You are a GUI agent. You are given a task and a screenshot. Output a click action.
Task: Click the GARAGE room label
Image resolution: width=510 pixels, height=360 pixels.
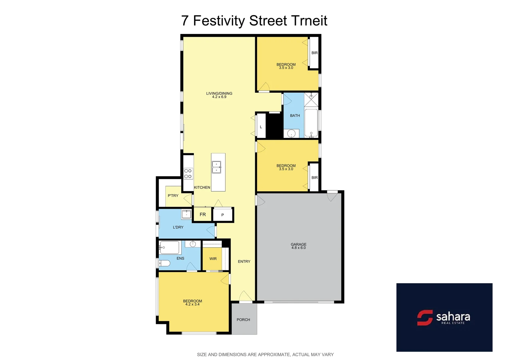(299, 244)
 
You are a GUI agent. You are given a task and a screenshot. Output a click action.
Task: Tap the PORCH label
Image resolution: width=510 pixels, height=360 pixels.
(243, 320)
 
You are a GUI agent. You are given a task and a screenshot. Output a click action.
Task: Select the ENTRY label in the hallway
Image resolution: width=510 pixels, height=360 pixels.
(244, 262)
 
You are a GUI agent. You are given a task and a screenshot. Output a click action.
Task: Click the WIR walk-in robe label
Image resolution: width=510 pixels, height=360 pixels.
(213, 259)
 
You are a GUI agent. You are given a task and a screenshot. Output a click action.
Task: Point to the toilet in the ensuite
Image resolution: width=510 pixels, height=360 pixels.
(164, 263)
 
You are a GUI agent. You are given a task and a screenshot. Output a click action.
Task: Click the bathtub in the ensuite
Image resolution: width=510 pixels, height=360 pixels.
(170, 247)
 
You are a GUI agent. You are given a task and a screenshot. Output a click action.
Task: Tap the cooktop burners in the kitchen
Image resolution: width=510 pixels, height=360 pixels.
(188, 174)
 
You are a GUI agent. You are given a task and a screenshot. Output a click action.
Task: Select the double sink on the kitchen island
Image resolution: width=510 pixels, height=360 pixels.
(216, 167)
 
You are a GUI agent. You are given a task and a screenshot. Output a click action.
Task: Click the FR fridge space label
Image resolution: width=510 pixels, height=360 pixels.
(202, 215)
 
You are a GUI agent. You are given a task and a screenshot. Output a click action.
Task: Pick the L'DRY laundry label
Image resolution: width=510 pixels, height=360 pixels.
(178, 227)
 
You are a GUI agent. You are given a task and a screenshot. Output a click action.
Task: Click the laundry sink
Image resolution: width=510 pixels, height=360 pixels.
(186, 214)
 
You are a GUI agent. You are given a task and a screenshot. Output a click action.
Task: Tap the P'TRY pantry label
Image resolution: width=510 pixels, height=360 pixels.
(173, 196)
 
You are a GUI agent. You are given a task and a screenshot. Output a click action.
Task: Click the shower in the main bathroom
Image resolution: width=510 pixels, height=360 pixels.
(311, 99)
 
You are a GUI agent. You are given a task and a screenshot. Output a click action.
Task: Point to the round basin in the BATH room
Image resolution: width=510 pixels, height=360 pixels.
(291, 134)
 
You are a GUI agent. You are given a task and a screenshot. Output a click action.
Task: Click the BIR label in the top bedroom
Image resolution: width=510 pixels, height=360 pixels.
(315, 53)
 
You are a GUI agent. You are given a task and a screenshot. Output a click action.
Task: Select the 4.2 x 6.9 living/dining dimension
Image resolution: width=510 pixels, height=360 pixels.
(219, 97)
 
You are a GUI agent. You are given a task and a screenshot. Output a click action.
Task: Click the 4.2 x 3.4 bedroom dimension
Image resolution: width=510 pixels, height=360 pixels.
(192, 304)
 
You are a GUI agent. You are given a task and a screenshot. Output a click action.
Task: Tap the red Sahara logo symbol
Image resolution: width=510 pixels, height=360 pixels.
(425, 318)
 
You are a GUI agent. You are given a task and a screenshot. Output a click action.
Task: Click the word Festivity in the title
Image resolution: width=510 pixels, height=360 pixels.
(219, 21)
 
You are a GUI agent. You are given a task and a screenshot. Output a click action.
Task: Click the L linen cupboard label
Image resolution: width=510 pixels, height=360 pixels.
(261, 127)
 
